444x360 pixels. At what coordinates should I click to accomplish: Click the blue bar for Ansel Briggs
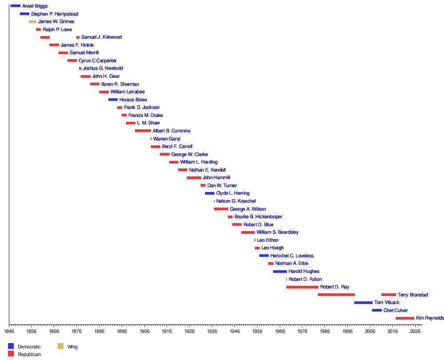pos(15,6)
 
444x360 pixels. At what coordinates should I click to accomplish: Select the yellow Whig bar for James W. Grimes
pos(32,21)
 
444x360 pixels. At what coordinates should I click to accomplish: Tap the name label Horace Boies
pos(133,100)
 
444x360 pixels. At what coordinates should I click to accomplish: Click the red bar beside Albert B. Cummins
pos(143,131)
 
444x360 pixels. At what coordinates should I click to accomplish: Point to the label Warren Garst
pos(166,139)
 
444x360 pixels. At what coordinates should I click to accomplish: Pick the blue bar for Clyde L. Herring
pos(210,193)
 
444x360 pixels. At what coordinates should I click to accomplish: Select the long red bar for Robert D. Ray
pos(302,287)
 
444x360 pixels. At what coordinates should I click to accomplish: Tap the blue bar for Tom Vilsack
pos(363,303)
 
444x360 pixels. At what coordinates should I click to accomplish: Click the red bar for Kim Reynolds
pos(404,318)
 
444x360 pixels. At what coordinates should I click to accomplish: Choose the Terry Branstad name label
pos(412,295)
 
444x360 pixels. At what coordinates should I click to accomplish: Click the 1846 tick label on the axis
pos(9,331)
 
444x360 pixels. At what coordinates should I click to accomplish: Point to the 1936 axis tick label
pos(212,331)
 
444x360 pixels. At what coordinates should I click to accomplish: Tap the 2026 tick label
pos(415,331)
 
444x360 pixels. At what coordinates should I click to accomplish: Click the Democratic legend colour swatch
pos(11,346)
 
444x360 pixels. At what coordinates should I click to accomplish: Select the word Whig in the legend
pos(72,347)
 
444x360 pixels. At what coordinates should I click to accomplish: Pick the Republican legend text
pos(29,354)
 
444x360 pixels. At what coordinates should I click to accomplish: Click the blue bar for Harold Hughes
pos(280,272)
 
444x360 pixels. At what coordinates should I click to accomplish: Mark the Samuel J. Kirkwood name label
pos(101,37)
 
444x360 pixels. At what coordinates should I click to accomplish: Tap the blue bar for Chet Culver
pos(377,310)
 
